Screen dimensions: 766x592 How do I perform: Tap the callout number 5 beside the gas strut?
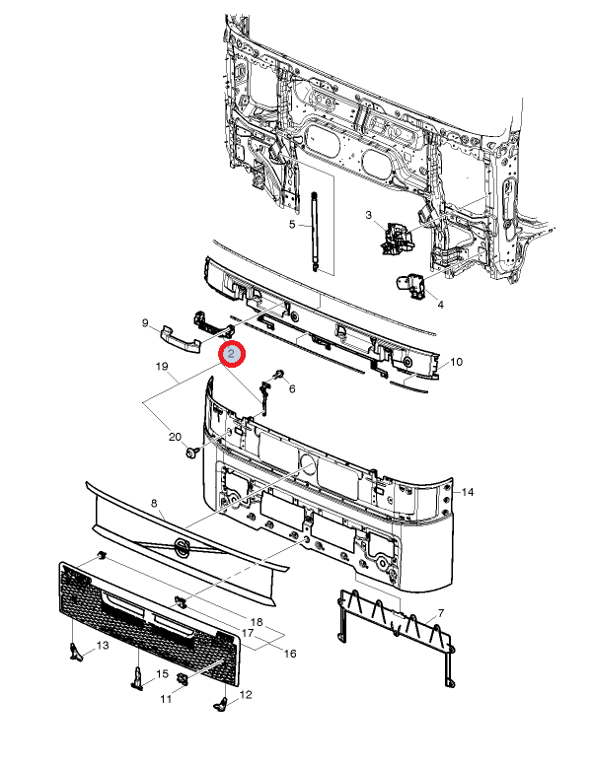coord(292,225)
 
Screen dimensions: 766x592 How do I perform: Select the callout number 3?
coord(368,215)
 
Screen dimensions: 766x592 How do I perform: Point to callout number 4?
coord(440,305)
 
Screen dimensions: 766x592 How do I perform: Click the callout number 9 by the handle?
coord(145,322)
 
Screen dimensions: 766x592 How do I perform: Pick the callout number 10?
coord(457,362)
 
